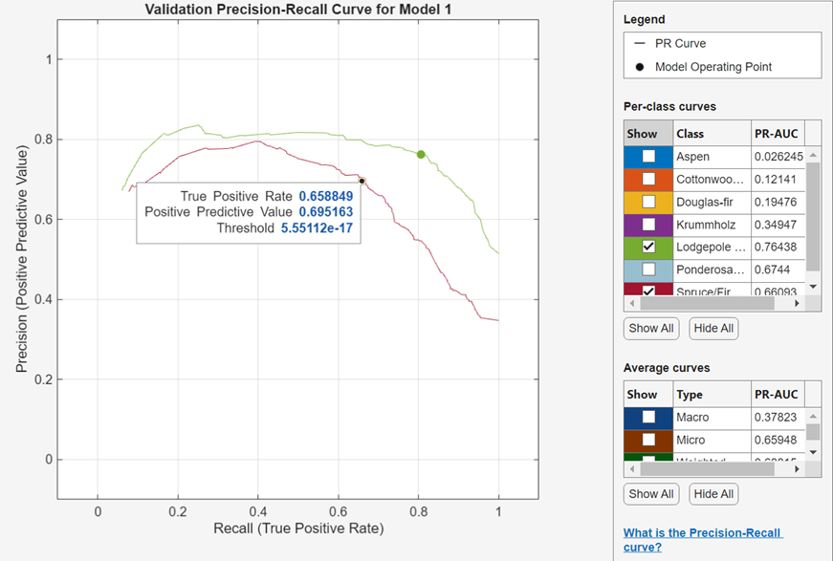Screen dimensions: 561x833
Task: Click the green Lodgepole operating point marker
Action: click(x=421, y=154)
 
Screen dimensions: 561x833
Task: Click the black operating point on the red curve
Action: click(x=362, y=181)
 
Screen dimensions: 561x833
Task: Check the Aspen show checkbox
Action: click(x=648, y=156)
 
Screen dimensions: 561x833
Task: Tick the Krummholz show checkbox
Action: click(x=648, y=223)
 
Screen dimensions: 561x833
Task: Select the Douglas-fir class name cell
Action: click(x=710, y=201)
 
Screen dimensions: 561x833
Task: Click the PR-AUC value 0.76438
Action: click(x=776, y=246)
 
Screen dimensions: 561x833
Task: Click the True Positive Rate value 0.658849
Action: click(x=325, y=196)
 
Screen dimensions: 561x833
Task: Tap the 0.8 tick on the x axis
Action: click(x=418, y=511)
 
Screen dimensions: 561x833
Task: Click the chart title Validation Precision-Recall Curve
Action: click(x=297, y=10)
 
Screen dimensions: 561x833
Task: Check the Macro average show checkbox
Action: click(x=648, y=417)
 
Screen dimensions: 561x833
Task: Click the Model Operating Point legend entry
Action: click(x=712, y=67)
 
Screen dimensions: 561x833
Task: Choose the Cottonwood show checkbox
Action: click(x=648, y=179)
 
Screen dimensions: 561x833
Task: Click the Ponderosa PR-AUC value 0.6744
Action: click(x=773, y=269)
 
